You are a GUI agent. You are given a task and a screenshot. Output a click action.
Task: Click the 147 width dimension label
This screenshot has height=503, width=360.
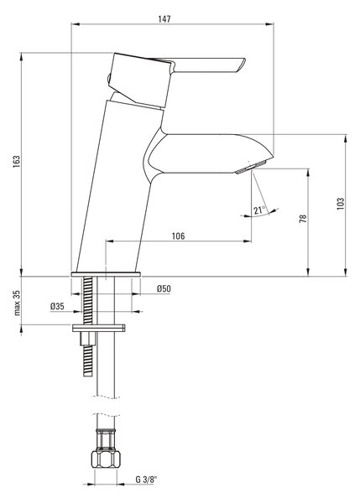[164, 19]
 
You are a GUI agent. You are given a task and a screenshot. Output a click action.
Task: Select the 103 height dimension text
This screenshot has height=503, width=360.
[341, 204]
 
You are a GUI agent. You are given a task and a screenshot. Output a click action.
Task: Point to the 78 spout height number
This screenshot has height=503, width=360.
[303, 219]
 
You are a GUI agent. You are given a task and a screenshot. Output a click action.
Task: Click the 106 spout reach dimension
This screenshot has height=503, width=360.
[178, 236]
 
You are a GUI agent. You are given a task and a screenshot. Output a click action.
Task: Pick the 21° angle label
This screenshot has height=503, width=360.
[259, 210]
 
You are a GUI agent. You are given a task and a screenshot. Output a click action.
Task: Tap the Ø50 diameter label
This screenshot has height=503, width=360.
[164, 288]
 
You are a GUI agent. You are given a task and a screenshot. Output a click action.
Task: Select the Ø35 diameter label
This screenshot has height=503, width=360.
[57, 306]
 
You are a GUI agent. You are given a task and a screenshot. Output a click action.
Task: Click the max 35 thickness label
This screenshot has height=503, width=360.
[17, 303]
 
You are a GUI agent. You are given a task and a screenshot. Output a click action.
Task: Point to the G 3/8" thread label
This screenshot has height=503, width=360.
[146, 480]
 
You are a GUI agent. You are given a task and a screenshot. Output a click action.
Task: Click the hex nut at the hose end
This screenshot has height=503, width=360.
[106, 459]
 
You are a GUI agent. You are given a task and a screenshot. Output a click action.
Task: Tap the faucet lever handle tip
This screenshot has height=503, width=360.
[242, 64]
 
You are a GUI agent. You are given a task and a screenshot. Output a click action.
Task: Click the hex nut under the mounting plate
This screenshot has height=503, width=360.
[87, 338]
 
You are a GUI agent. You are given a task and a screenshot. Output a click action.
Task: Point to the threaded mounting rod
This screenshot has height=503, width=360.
[87, 325]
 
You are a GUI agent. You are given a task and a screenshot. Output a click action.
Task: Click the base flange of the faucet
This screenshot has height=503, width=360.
[106, 274]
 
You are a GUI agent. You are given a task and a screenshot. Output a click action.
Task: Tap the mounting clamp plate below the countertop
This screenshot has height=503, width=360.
[98, 328]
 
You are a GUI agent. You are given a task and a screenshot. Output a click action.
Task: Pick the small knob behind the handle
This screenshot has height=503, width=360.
[108, 78]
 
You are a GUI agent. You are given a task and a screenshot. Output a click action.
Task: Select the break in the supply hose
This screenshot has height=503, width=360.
[106, 406]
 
